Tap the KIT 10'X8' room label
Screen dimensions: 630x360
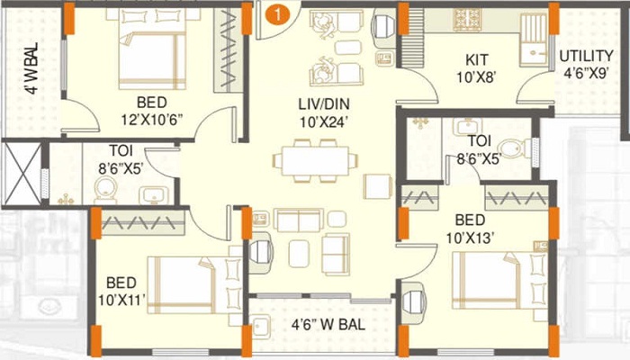click(x=476, y=68)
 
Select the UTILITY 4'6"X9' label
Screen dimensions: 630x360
click(x=586, y=64)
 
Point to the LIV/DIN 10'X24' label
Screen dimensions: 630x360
click(x=324, y=113)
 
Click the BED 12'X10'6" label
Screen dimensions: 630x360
click(x=152, y=111)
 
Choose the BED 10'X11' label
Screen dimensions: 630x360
click(x=121, y=292)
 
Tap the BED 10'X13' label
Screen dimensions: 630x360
click(x=470, y=229)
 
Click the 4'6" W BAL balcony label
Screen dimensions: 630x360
click(x=328, y=325)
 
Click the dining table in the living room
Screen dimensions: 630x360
click(x=315, y=161)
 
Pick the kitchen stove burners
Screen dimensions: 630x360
click(x=468, y=19)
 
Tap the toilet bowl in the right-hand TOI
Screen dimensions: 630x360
click(x=511, y=149)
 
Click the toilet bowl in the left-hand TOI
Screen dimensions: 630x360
click(x=105, y=190)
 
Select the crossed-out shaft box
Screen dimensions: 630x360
click(x=22, y=174)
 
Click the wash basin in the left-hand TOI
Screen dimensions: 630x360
click(x=154, y=195)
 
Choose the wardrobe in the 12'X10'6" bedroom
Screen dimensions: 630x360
click(x=228, y=50)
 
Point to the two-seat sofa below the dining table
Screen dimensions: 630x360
click(x=299, y=220)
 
